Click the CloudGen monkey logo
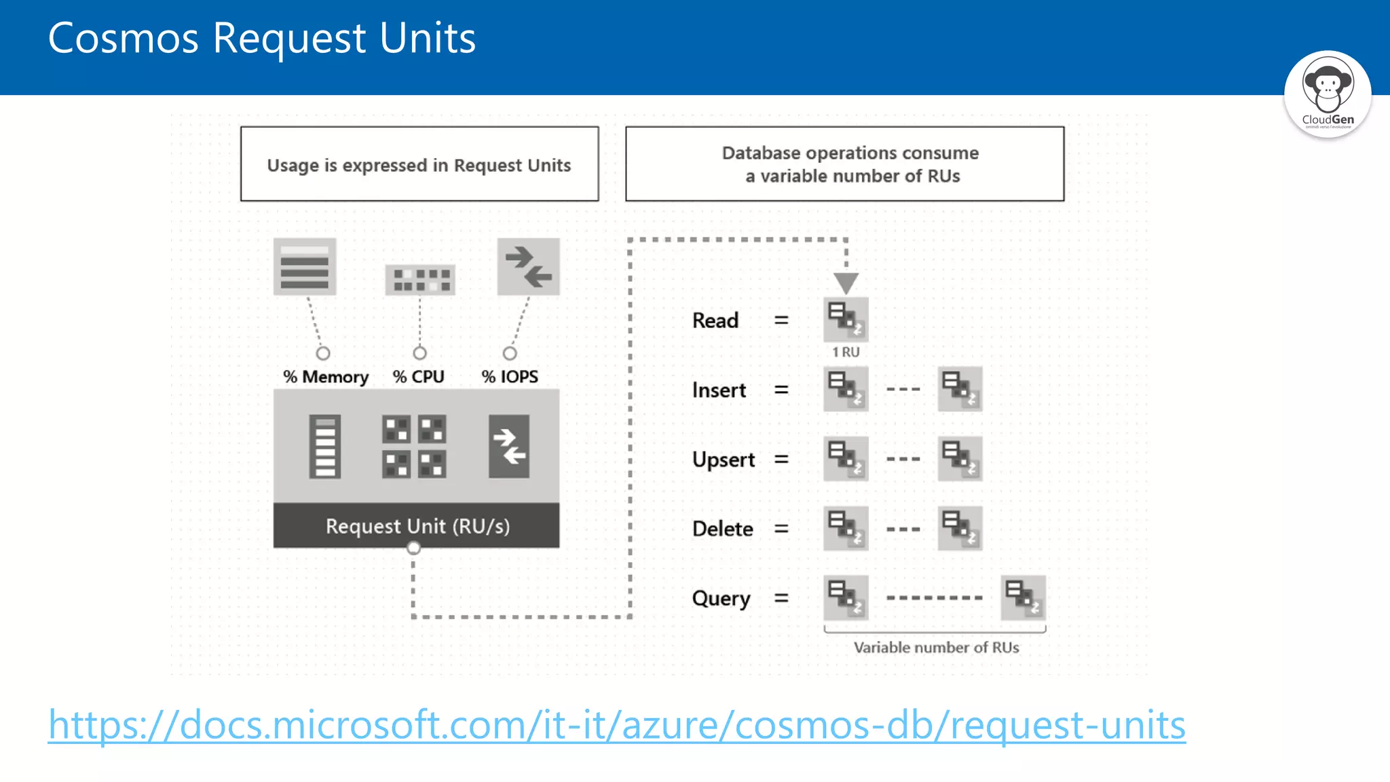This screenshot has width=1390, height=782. (1327, 94)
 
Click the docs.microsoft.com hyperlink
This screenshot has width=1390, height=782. (616, 725)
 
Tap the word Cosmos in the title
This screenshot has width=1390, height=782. (123, 38)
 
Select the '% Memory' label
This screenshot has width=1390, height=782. (326, 377)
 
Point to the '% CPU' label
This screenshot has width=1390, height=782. (418, 377)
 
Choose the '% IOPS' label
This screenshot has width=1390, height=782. (510, 377)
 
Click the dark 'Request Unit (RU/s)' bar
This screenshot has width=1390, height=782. (417, 526)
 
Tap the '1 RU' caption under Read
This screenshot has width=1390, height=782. (846, 352)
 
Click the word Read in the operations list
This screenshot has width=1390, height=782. (715, 320)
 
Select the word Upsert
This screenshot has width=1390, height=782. (723, 460)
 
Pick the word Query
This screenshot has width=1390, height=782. (721, 599)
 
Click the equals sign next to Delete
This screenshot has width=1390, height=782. (781, 529)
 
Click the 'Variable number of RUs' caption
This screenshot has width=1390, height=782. (936, 648)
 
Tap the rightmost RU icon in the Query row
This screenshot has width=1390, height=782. (1023, 598)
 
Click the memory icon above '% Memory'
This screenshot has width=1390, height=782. (305, 267)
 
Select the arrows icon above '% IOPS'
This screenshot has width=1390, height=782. (528, 267)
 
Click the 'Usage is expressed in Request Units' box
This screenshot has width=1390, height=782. (419, 164)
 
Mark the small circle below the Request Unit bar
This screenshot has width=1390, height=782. (413, 548)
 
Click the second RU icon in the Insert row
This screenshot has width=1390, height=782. (960, 389)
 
